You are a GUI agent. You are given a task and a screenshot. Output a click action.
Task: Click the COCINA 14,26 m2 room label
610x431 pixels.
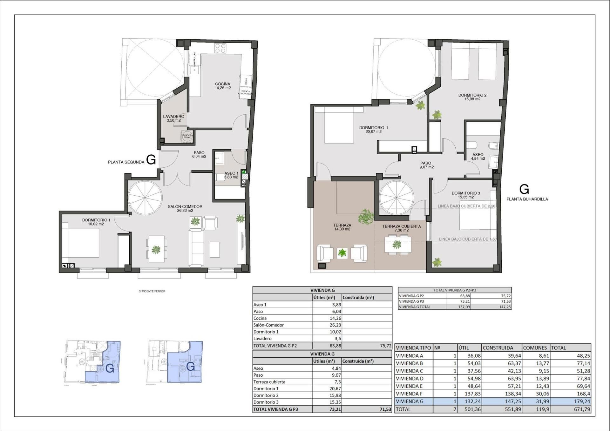click(222, 86)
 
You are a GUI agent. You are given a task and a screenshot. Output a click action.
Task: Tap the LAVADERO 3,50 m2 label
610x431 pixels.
click(173, 118)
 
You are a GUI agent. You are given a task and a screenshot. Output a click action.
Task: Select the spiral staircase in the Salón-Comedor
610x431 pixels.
click(145, 198)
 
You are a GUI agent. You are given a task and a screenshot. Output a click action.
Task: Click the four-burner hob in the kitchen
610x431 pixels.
click(220, 48)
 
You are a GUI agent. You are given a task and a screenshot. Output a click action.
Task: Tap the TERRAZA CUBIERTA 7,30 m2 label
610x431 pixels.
click(401, 228)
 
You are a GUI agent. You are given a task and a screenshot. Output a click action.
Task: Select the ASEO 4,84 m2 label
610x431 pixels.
click(478, 156)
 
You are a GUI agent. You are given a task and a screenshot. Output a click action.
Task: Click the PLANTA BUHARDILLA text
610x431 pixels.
click(527, 199)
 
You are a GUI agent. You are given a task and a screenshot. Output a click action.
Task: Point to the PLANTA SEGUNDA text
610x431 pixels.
click(126, 162)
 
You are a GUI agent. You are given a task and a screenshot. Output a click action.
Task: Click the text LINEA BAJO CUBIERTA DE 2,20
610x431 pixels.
click(466, 206)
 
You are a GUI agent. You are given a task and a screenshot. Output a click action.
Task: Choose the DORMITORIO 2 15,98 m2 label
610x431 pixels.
click(472, 97)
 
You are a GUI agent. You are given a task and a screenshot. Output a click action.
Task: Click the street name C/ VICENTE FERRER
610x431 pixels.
click(152, 291)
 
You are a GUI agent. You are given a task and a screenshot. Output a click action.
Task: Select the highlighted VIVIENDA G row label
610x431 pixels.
click(410, 401)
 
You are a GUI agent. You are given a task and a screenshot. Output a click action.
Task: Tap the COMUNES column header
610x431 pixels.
click(535, 348)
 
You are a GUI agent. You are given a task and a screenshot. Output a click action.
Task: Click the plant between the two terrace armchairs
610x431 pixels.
click(342, 253)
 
